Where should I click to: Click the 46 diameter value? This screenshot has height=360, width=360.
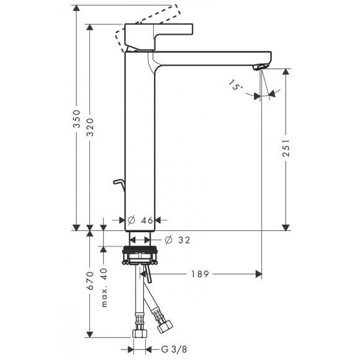[x=147, y=220]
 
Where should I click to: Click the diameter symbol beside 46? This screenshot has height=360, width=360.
[x=131, y=220]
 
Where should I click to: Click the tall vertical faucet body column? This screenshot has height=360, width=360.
[x=140, y=143]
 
